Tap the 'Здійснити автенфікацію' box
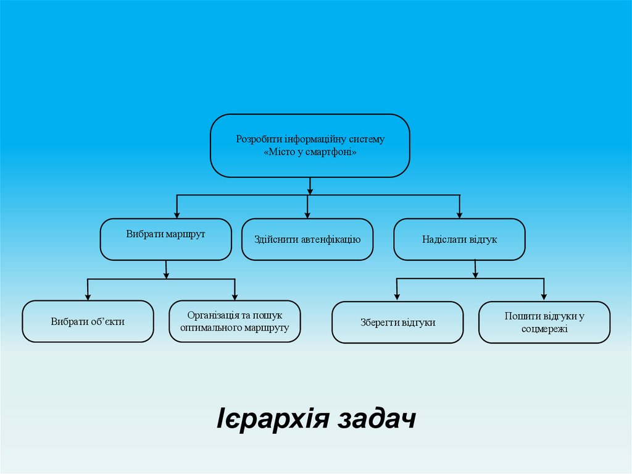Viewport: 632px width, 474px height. point(307,239)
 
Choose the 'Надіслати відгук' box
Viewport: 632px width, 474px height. point(459,239)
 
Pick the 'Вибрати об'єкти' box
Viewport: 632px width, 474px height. point(88,321)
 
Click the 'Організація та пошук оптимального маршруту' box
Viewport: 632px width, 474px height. point(235,321)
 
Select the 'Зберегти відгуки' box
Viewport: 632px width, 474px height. point(397,322)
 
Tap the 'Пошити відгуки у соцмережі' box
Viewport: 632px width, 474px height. point(544,322)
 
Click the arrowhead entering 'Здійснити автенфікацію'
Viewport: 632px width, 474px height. point(307,215)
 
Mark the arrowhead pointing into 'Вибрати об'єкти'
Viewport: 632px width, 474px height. point(88,297)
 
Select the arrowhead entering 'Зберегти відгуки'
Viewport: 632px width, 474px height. point(397,298)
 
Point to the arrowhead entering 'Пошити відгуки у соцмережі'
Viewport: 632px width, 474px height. point(544,298)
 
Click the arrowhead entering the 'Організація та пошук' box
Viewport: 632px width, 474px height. point(235,297)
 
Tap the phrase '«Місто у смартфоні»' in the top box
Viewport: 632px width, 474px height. point(310,152)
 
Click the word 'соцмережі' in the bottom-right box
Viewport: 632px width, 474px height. point(544,329)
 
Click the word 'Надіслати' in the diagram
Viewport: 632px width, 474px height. point(441,239)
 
